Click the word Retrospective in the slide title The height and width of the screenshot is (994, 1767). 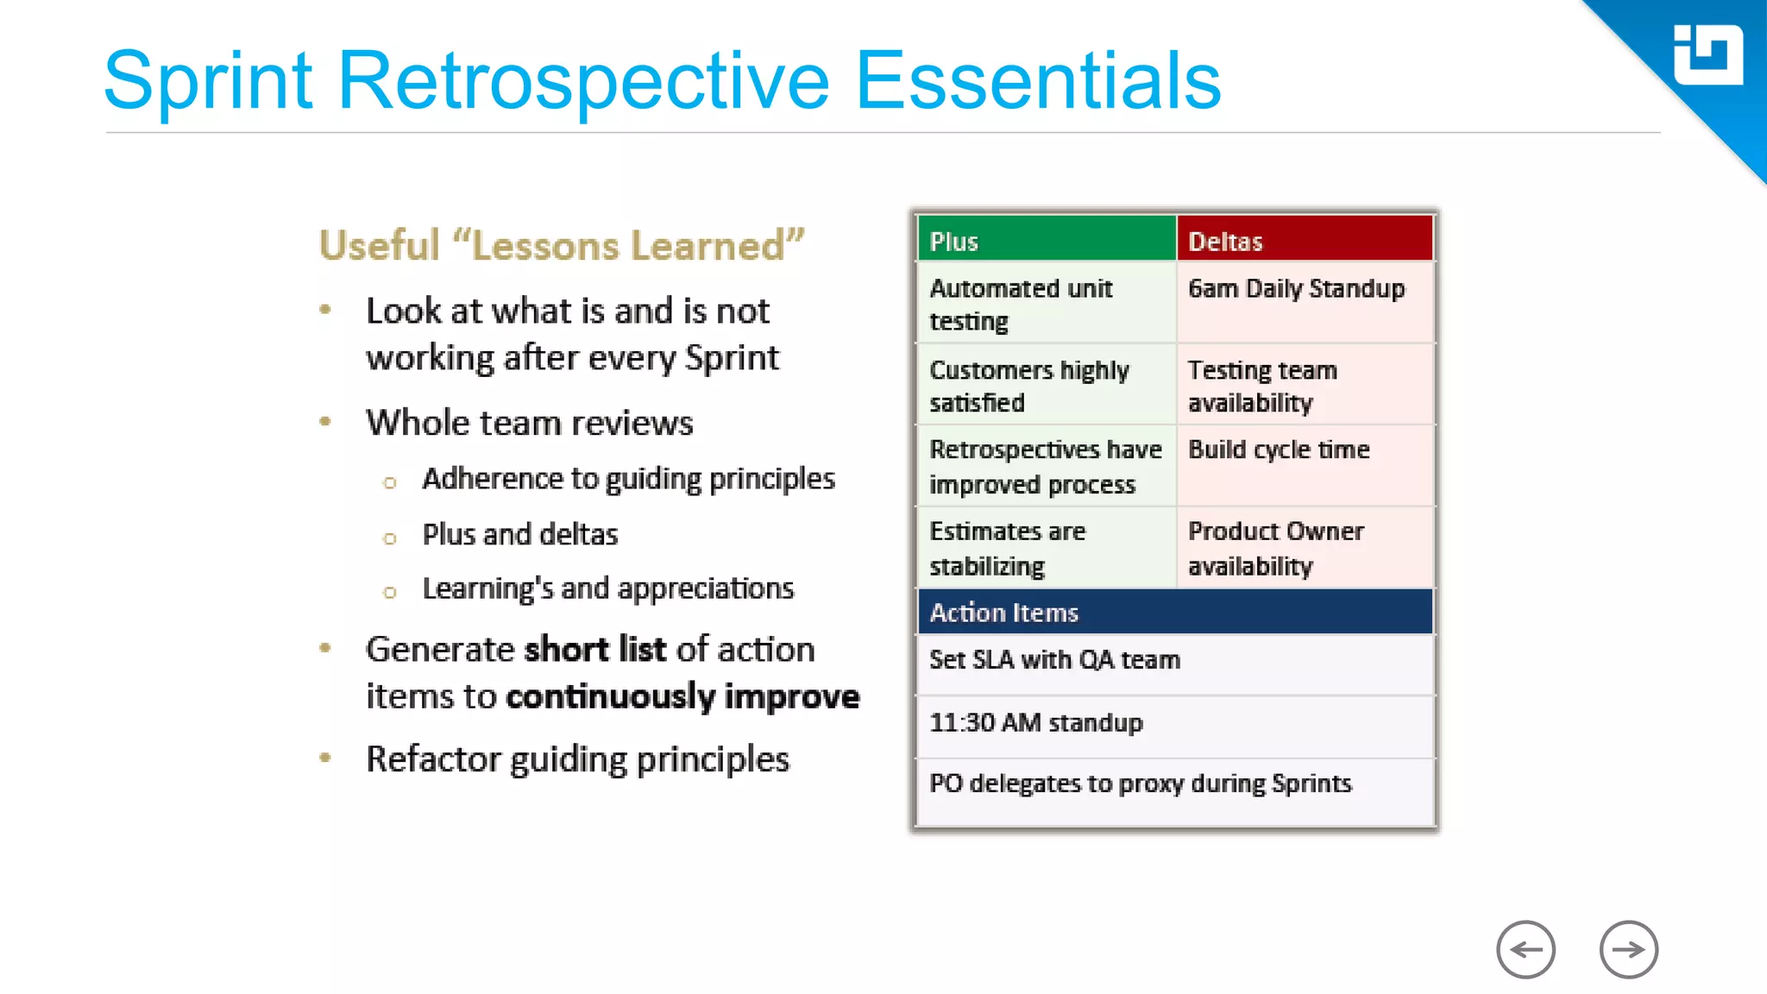pos(583,81)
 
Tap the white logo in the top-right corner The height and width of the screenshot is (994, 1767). pos(1707,55)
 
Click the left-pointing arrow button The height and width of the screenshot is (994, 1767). pos(1525,950)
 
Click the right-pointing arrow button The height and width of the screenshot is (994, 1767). pos(1628,950)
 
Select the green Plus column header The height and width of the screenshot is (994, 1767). pos(1046,241)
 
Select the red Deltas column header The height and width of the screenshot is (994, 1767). pos(1305,241)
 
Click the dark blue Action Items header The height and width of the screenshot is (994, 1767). pos(1175,613)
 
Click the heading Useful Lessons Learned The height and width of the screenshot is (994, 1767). pos(562,246)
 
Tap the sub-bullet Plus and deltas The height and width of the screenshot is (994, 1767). pos(520,535)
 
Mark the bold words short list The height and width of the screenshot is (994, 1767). pos(595,650)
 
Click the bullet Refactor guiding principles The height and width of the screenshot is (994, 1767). pos(577,759)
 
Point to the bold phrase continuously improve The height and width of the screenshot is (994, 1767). pos(682,697)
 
